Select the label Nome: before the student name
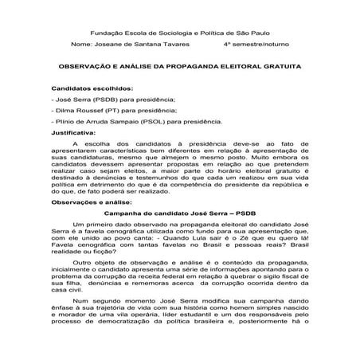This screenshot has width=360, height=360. tap(82, 47)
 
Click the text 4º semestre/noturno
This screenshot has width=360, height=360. tap(255, 47)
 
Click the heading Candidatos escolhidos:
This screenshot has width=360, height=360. tap(92, 91)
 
